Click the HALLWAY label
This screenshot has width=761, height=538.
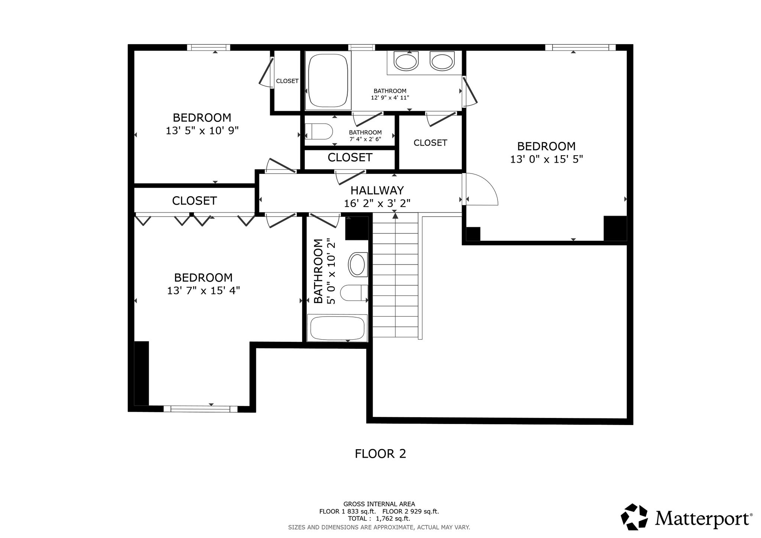[x=377, y=190]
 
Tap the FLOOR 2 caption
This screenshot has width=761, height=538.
[x=380, y=454]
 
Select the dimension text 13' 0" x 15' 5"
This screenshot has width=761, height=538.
[x=546, y=159]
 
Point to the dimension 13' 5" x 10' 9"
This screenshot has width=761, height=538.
[x=202, y=131]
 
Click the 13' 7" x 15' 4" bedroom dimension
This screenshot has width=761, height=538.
[x=203, y=291]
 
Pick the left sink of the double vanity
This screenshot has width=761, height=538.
[x=406, y=61]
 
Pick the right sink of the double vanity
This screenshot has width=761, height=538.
[x=442, y=61]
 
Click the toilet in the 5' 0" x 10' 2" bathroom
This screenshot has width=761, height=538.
[x=354, y=293]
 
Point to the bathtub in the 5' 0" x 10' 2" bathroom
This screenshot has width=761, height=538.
[x=337, y=328]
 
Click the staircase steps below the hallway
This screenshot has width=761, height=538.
[x=395, y=275]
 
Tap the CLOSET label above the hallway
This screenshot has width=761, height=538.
[x=350, y=158]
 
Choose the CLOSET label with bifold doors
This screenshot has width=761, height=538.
[x=194, y=201]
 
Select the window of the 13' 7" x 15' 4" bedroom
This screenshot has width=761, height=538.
[x=201, y=409]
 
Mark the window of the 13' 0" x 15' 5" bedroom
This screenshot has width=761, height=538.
[x=580, y=47]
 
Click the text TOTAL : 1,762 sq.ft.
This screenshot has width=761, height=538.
[x=379, y=519]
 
